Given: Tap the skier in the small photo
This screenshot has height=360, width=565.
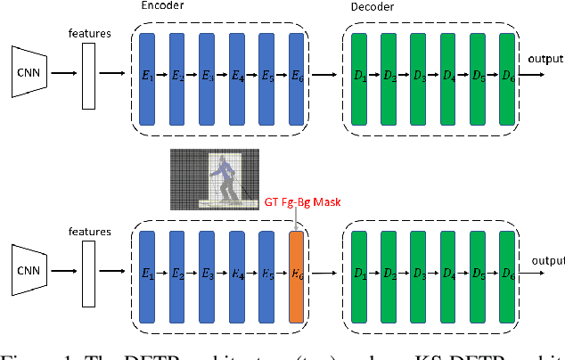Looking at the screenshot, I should pyautogui.click(x=225, y=177).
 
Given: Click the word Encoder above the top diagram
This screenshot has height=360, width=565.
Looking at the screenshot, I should pyautogui.click(x=162, y=6).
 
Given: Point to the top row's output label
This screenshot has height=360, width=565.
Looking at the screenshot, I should pyautogui.click(x=544, y=60).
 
